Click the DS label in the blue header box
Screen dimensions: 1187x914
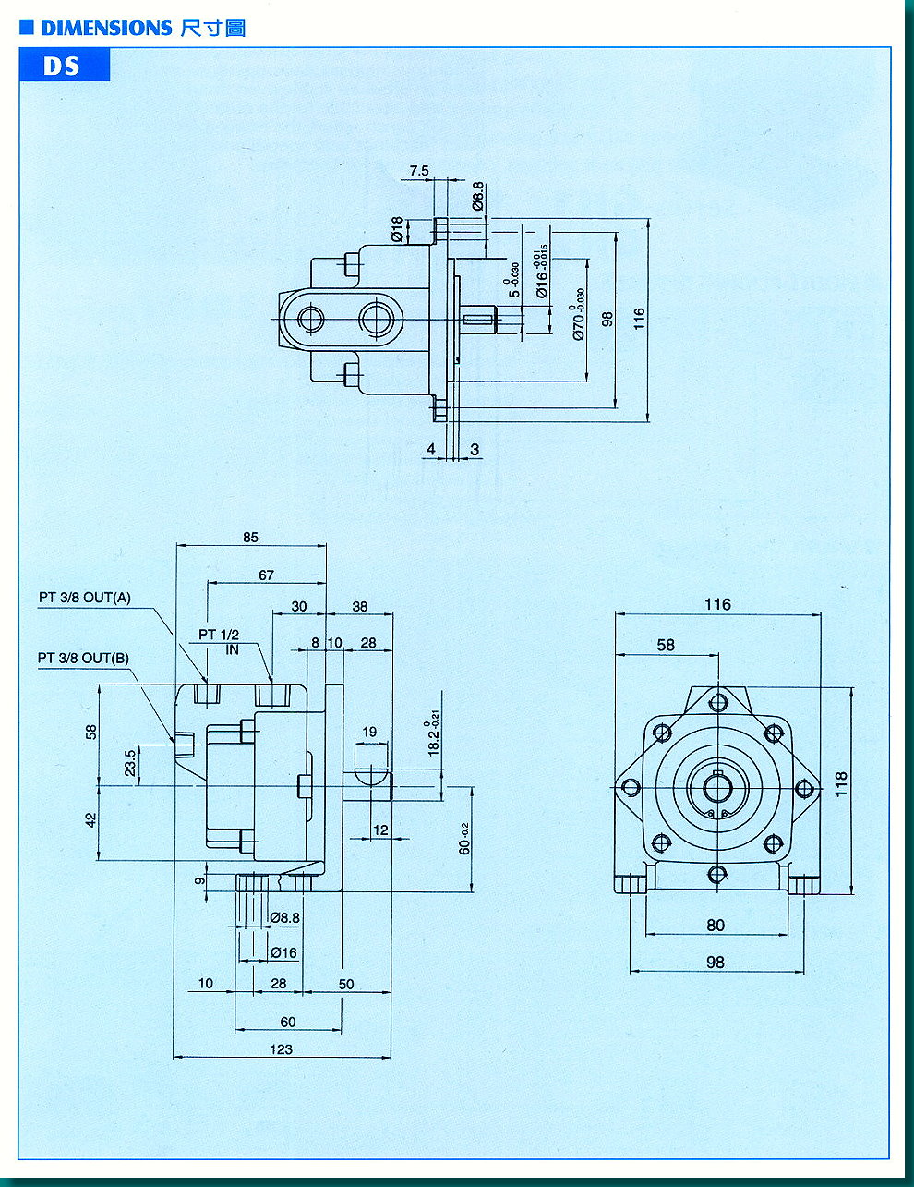click(x=61, y=67)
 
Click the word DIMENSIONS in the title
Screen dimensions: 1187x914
click(x=106, y=29)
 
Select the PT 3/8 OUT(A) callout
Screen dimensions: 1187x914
click(x=85, y=598)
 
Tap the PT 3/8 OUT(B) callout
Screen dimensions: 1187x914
click(x=83, y=658)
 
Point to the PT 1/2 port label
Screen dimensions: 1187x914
click(x=219, y=635)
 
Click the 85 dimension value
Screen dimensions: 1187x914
click(x=251, y=537)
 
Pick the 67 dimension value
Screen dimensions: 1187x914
click(x=266, y=575)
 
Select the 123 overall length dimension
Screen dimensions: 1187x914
click(x=281, y=1048)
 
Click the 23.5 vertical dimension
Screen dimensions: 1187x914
click(x=130, y=763)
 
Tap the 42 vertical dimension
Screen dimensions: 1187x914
click(x=91, y=819)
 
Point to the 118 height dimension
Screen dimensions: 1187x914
click(x=840, y=785)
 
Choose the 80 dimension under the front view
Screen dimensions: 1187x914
click(x=716, y=925)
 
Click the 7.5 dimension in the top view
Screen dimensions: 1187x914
click(x=419, y=171)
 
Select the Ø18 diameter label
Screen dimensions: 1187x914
click(x=397, y=229)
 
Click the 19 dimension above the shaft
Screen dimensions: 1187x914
click(x=369, y=732)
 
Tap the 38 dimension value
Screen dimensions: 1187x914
click(x=359, y=607)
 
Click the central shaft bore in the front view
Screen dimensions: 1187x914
click(x=717, y=788)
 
